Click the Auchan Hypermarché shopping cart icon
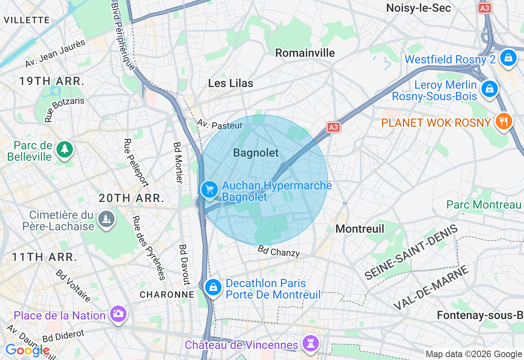tap(210, 190)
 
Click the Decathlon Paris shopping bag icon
tap(213, 288)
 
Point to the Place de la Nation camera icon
tap(118, 314)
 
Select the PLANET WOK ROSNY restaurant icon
tap(504, 122)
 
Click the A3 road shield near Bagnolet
tap(334, 127)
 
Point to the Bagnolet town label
tap(256, 153)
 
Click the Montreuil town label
tap(360, 229)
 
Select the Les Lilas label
tap(230, 83)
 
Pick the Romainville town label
tap(305, 53)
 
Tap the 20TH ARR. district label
tap(131, 199)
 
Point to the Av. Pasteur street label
tap(219, 124)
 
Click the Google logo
tap(27, 351)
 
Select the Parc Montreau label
tap(484, 205)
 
